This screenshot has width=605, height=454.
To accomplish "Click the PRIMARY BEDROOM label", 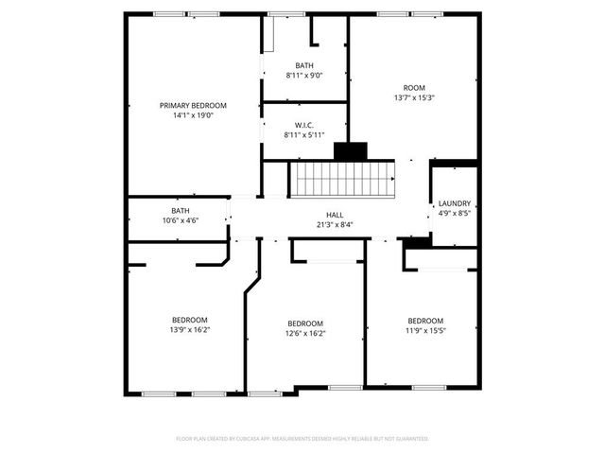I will (193, 105).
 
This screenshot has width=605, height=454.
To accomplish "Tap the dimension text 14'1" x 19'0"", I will (193, 115).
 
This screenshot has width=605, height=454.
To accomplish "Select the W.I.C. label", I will (304, 125).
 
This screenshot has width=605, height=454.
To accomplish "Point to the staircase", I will (341, 178).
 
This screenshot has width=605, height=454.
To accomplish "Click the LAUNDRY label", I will (455, 203).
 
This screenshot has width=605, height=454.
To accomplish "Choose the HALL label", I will (335, 215).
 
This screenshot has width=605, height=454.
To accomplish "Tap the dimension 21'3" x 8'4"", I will (335, 225).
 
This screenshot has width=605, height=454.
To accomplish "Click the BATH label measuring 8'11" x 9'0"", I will (304, 65).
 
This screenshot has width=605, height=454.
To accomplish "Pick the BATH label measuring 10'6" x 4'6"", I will (180, 210).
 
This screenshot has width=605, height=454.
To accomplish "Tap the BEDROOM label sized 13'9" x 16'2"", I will (189, 320).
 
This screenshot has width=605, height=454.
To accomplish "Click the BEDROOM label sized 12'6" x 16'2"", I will (305, 323).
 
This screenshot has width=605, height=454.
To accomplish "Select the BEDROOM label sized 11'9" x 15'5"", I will (425, 321).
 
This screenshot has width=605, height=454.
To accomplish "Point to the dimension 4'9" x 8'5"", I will (455, 213).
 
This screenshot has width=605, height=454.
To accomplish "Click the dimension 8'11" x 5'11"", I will (304, 135).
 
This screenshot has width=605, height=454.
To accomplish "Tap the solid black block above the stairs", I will (351, 151).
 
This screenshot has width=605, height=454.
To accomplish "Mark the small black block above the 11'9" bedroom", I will (416, 242).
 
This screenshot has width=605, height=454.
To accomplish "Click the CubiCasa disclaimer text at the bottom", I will (302, 439).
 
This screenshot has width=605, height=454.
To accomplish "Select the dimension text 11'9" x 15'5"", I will (425, 331).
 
